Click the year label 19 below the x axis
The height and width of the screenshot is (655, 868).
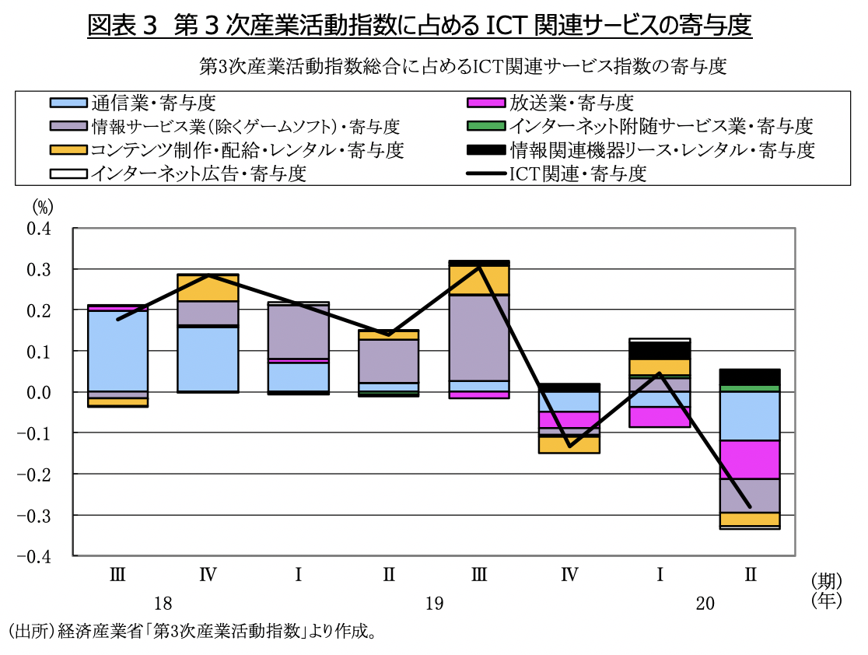coord(434,604)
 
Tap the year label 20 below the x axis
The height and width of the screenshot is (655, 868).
coord(705,604)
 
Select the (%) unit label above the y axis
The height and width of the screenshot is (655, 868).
coord(43,207)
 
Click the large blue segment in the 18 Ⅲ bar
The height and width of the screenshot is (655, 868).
coord(118,351)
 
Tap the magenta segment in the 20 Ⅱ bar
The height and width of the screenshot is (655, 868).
coord(750,460)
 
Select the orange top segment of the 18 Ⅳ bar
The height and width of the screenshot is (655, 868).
coord(208,288)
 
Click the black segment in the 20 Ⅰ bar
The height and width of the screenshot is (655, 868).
coord(660,350)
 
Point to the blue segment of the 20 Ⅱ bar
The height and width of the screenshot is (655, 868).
coord(750,416)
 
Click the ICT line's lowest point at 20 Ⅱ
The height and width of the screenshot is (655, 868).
coord(750,507)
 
